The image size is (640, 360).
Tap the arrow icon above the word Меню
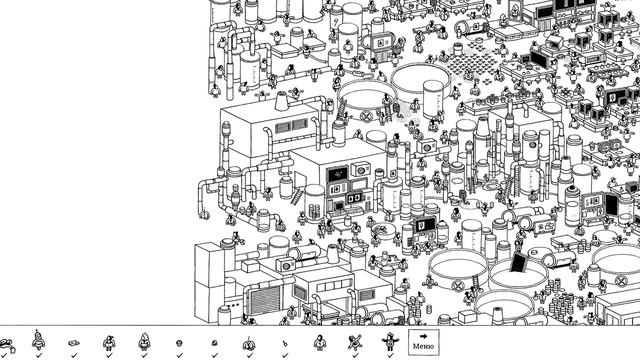click(x=423, y=335)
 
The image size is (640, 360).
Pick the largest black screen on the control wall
click(x=338, y=171)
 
